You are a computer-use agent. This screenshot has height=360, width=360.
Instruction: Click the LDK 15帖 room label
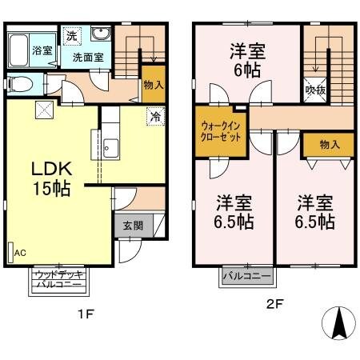click(x=52, y=178)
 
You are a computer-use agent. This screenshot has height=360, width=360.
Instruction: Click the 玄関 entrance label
click(x=133, y=225)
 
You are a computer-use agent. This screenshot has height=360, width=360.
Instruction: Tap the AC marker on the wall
click(x=16, y=252)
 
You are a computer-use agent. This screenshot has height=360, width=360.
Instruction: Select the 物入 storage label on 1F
click(x=154, y=84)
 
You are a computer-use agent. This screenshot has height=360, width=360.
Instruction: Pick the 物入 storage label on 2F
click(x=329, y=144)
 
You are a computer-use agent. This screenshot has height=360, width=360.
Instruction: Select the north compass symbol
click(x=338, y=324)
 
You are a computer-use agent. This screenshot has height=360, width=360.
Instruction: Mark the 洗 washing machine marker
click(x=72, y=36)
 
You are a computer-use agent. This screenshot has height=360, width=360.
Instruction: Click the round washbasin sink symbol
click(x=100, y=34)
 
